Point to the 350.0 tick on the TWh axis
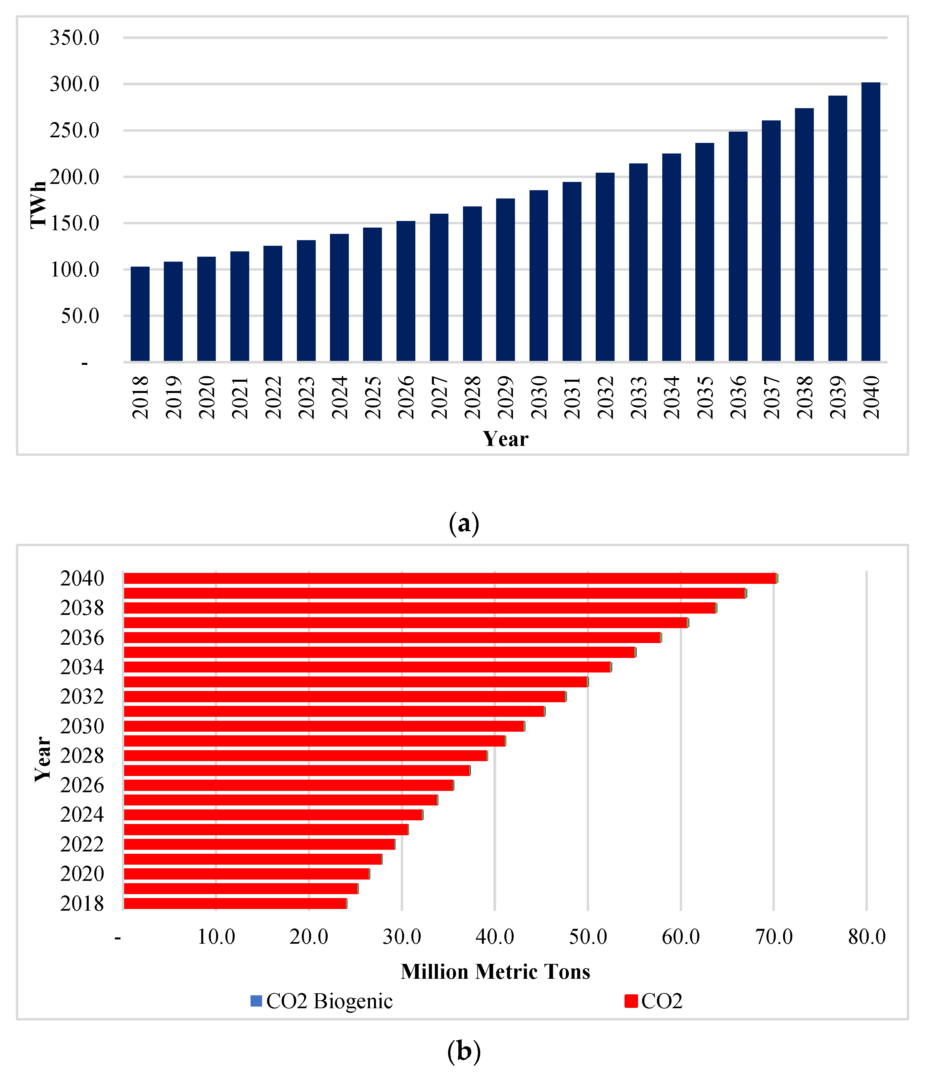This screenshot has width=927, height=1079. [74, 37]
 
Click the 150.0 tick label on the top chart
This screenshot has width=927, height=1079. [74, 223]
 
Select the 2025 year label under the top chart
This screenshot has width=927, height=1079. [373, 397]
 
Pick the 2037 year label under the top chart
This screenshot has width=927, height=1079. [771, 397]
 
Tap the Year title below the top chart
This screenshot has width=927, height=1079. [505, 439]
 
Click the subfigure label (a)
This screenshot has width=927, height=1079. [463, 523]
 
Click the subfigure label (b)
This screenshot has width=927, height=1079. [463, 1052]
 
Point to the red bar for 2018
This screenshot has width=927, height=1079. [235, 903]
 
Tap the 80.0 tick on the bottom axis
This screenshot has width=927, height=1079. [866, 937]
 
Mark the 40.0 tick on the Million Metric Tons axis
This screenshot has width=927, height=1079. [494, 937]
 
